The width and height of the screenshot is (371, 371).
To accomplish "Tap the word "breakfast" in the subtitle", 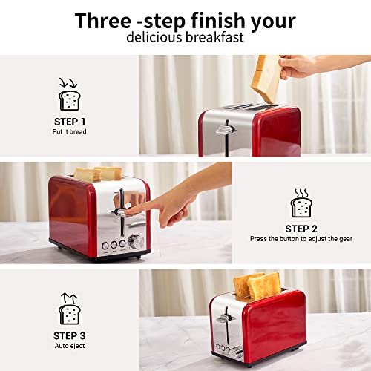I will tap(214, 37).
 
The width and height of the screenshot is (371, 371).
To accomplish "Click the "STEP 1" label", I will tap(70, 121).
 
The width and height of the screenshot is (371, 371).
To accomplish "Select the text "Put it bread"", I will tap(70, 131).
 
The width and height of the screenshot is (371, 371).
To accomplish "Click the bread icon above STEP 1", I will tap(70, 97).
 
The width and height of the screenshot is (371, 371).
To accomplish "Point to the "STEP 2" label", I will tap(301, 229).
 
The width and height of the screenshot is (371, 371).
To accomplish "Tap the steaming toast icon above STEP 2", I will tap(301, 204).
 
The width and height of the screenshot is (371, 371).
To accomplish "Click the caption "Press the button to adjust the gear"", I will tap(301, 240).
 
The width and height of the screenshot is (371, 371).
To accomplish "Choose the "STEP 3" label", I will tap(70, 335).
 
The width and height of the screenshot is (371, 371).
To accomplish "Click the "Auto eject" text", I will tap(70, 346).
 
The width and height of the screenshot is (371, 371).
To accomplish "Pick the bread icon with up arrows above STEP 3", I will tap(70, 310).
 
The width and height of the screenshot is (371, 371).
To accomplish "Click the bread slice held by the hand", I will tap(265, 79).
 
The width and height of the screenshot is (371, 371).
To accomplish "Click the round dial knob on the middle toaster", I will tap(136, 242).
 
